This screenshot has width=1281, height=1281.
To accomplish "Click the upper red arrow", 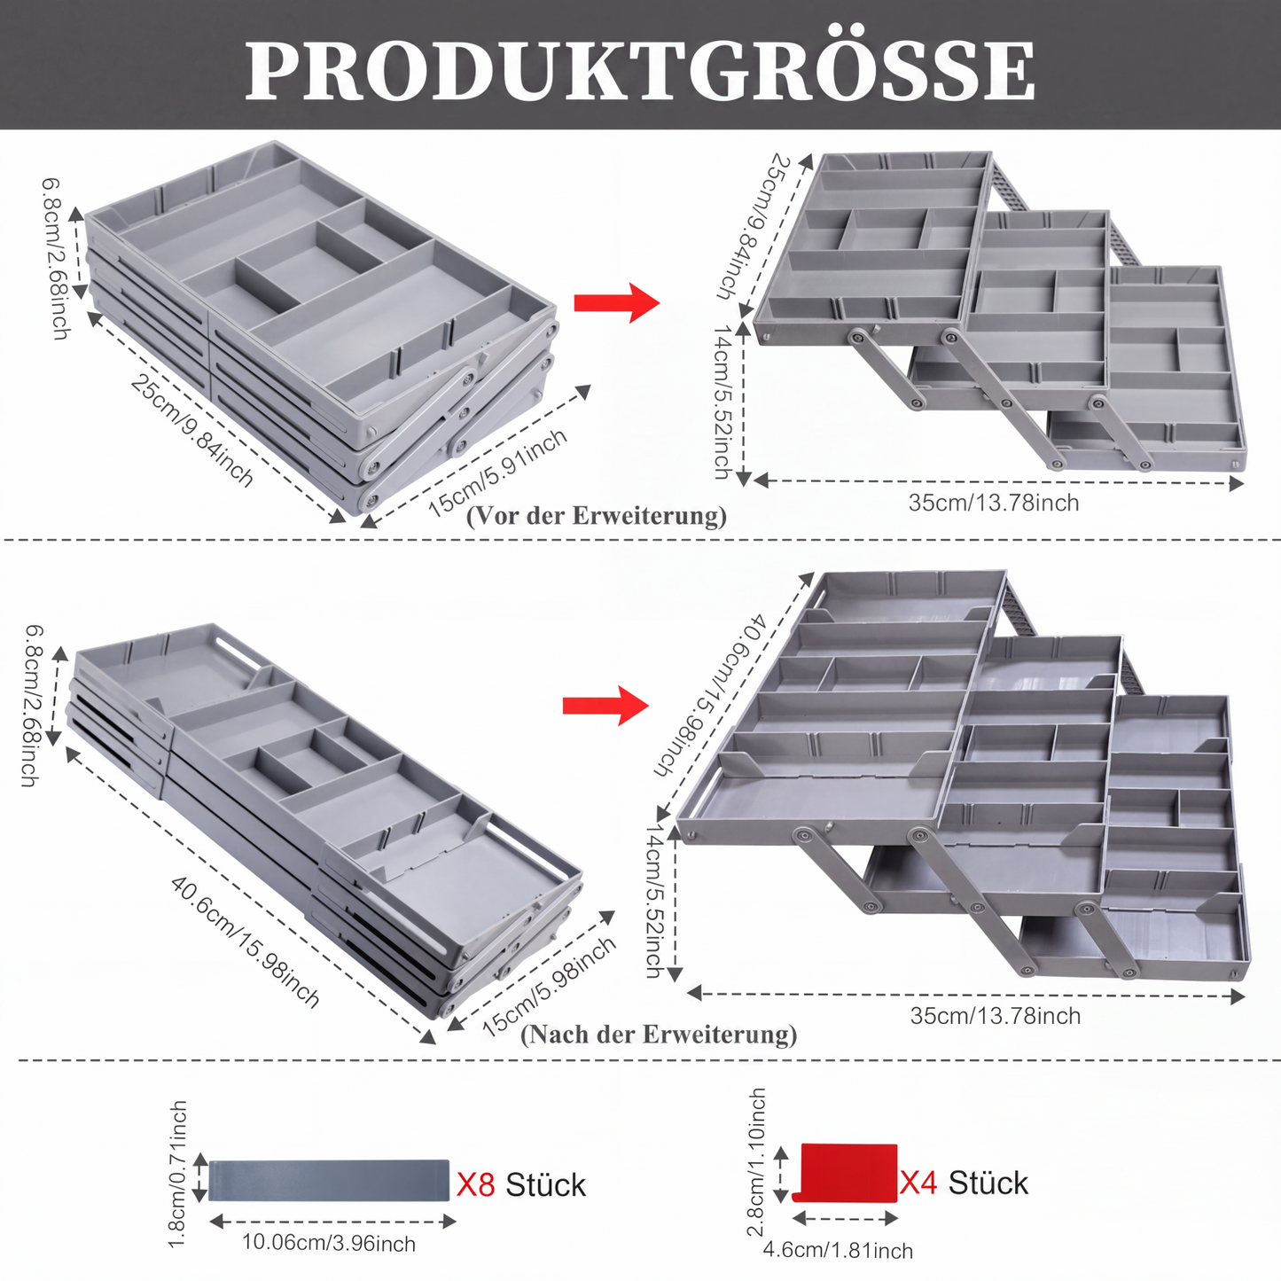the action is (x=616, y=302).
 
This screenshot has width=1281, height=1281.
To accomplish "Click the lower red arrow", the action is (x=605, y=705).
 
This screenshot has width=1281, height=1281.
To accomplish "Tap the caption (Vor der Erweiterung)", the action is (x=597, y=517).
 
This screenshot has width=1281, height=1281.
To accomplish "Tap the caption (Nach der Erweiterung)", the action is (x=658, y=1035).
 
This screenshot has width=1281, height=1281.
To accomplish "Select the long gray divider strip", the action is (x=329, y=1180).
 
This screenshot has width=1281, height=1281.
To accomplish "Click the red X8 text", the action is (x=476, y=1184).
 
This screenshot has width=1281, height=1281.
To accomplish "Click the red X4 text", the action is (x=918, y=1183).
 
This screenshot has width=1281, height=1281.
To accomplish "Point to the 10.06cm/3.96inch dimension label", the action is (x=328, y=1243).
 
